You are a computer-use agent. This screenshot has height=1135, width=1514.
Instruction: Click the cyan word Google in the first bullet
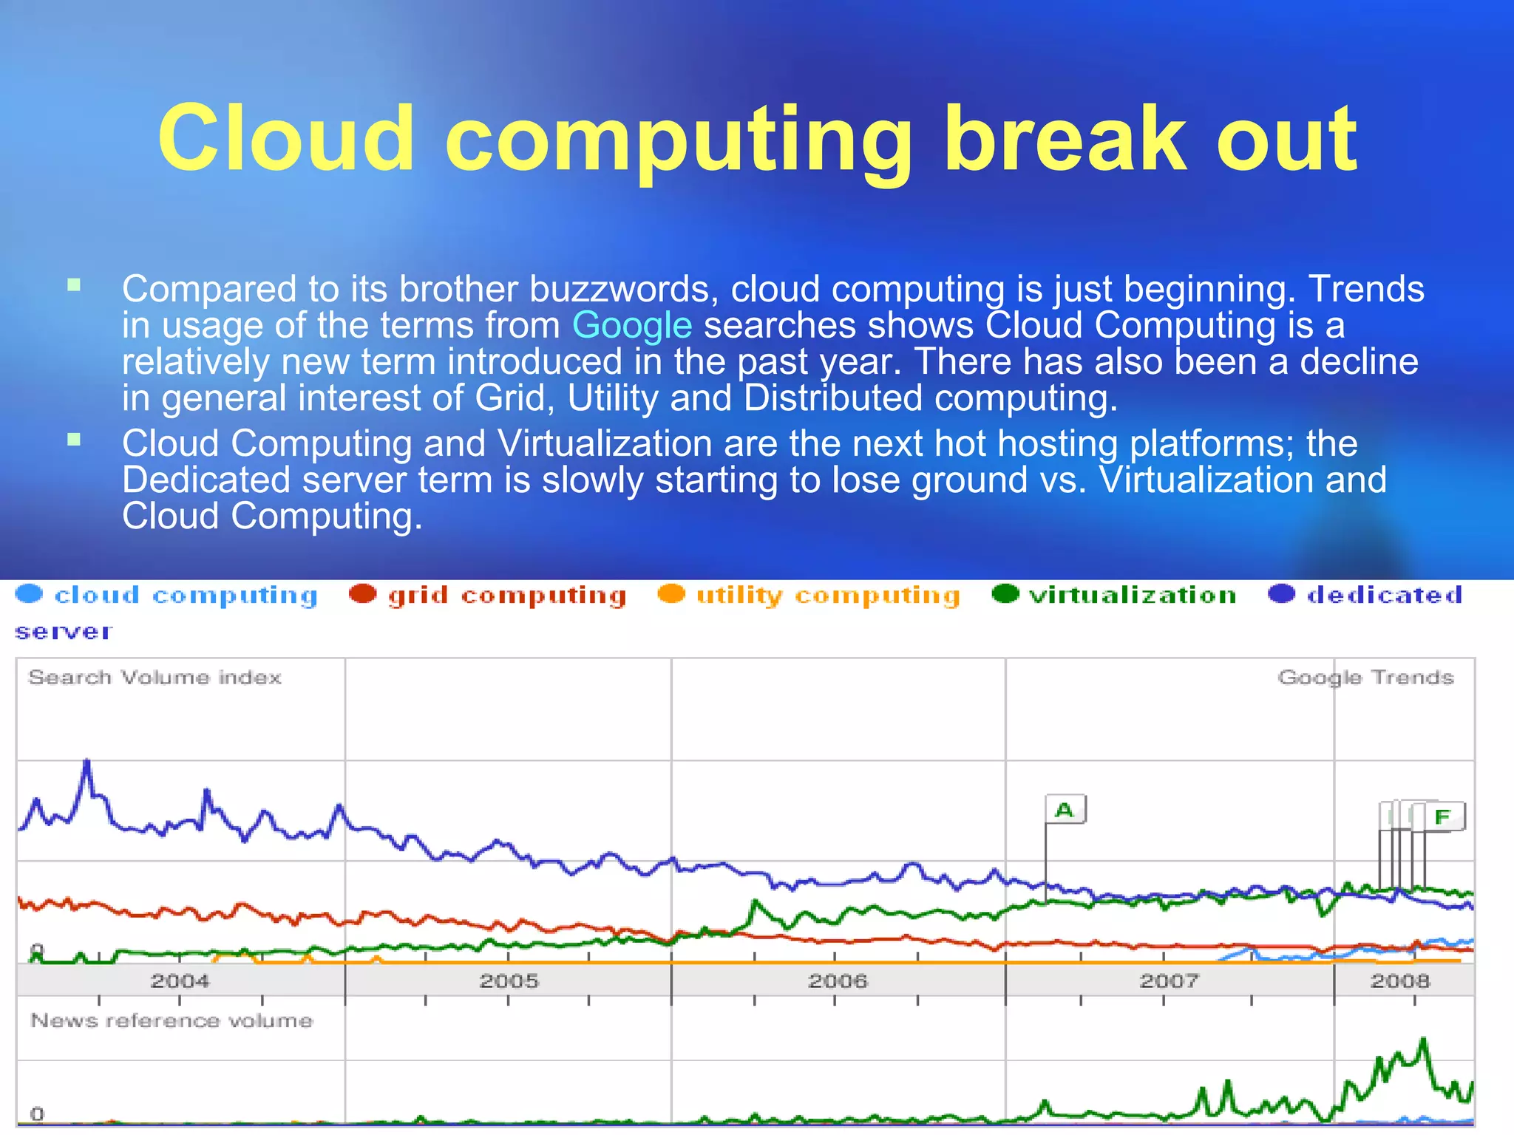click(632, 325)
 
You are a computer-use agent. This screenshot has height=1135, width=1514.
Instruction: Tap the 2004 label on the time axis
click(180, 981)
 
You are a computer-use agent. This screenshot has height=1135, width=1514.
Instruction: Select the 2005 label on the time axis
click(509, 981)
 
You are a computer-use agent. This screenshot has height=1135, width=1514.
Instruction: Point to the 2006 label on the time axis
click(837, 981)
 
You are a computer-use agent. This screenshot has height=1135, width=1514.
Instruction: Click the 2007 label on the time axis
click(1168, 981)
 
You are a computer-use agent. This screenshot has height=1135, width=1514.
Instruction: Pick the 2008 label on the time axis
click(1400, 981)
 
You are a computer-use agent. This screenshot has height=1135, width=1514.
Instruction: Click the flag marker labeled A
click(1065, 810)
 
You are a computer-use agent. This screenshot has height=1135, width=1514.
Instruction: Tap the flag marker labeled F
click(1443, 817)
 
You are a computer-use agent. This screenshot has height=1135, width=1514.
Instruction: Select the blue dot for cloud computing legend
click(30, 594)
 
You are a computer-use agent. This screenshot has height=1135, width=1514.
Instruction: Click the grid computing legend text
click(507, 596)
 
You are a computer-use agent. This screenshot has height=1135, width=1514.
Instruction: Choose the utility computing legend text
click(828, 596)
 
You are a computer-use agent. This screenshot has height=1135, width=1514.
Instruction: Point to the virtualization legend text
click(1133, 595)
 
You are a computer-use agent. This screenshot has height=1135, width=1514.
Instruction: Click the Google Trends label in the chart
click(1365, 678)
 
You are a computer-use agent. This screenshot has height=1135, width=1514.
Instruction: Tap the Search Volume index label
click(155, 678)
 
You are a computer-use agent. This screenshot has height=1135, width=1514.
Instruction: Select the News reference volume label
click(172, 1020)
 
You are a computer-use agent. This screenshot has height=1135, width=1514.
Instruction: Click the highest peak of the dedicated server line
click(87, 761)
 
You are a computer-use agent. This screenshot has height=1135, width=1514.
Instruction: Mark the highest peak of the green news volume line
click(1423, 1040)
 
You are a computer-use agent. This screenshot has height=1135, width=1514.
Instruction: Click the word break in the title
click(1065, 138)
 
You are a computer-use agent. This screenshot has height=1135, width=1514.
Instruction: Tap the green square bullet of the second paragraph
click(74, 440)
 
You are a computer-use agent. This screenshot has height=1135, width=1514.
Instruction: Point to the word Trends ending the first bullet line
click(1366, 289)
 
